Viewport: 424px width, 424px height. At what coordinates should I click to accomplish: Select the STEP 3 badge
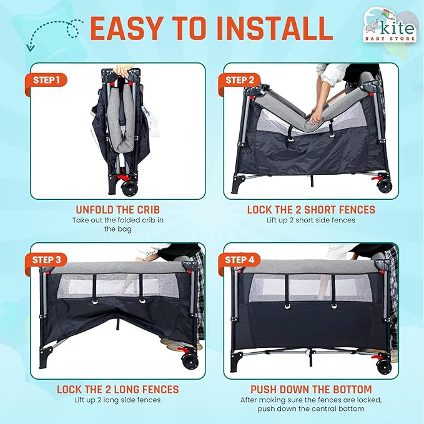pyautogui.click(x=46, y=260)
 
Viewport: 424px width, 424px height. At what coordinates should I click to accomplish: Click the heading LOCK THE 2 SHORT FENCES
pyautogui.click(x=311, y=210)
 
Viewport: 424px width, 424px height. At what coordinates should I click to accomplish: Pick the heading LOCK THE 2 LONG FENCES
pyautogui.click(x=117, y=389)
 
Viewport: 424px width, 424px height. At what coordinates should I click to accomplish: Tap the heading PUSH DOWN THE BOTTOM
pyautogui.click(x=310, y=389)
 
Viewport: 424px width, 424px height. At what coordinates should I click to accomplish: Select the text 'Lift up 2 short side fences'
pyautogui.click(x=311, y=220)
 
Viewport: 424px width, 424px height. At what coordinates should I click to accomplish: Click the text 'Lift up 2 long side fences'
pyautogui.click(x=117, y=400)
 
